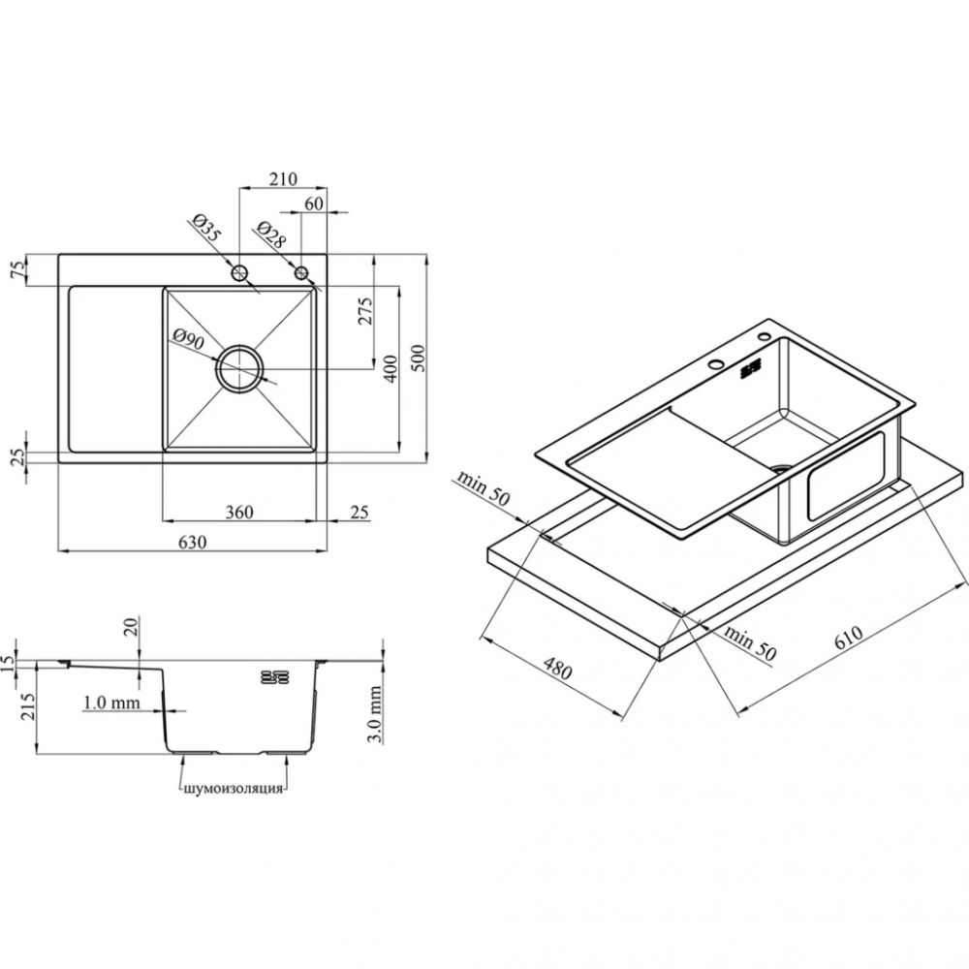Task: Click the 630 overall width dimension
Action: tap(192, 542)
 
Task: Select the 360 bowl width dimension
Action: tap(239, 512)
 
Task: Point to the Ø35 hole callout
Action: tap(205, 228)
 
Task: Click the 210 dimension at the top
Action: tap(283, 178)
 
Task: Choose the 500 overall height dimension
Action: tap(419, 358)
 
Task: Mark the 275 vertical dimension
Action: tap(365, 311)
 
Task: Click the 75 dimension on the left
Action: tap(19, 269)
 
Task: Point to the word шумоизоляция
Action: tap(234, 789)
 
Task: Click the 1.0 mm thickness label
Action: tap(111, 702)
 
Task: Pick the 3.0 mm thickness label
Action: tap(374, 714)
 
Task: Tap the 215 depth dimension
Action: tap(28, 706)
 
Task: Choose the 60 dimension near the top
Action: tap(314, 203)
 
